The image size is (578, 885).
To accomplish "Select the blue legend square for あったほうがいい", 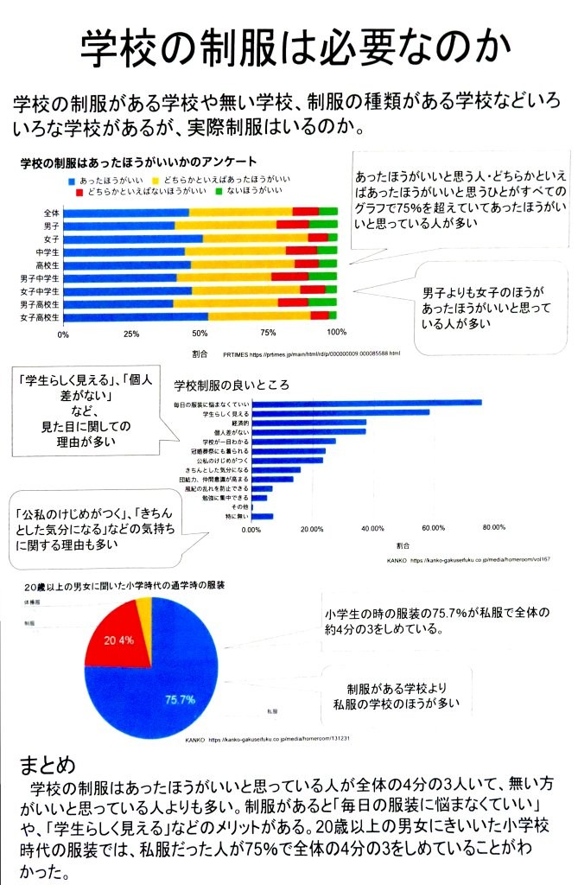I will tap(71, 178).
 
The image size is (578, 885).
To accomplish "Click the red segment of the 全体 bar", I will tap(305, 212).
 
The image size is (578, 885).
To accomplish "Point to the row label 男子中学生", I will tap(40, 278).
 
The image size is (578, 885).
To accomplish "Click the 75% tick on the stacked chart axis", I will tap(268, 334).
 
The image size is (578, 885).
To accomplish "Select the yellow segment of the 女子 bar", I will tap(255, 238).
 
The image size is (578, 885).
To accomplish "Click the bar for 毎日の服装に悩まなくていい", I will tap(366, 403).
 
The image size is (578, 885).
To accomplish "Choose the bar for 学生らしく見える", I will tap(340, 412).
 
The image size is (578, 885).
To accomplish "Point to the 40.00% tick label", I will tap(372, 529).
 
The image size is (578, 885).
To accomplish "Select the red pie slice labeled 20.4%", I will tap(116, 640).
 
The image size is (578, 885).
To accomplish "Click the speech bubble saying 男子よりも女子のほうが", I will tap(489, 307).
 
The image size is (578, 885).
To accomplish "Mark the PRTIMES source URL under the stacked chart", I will tap(311, 354).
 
